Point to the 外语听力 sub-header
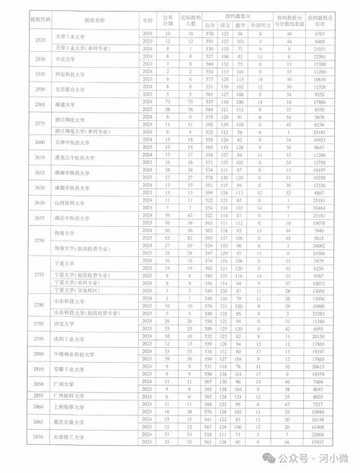tap(260, 24)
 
